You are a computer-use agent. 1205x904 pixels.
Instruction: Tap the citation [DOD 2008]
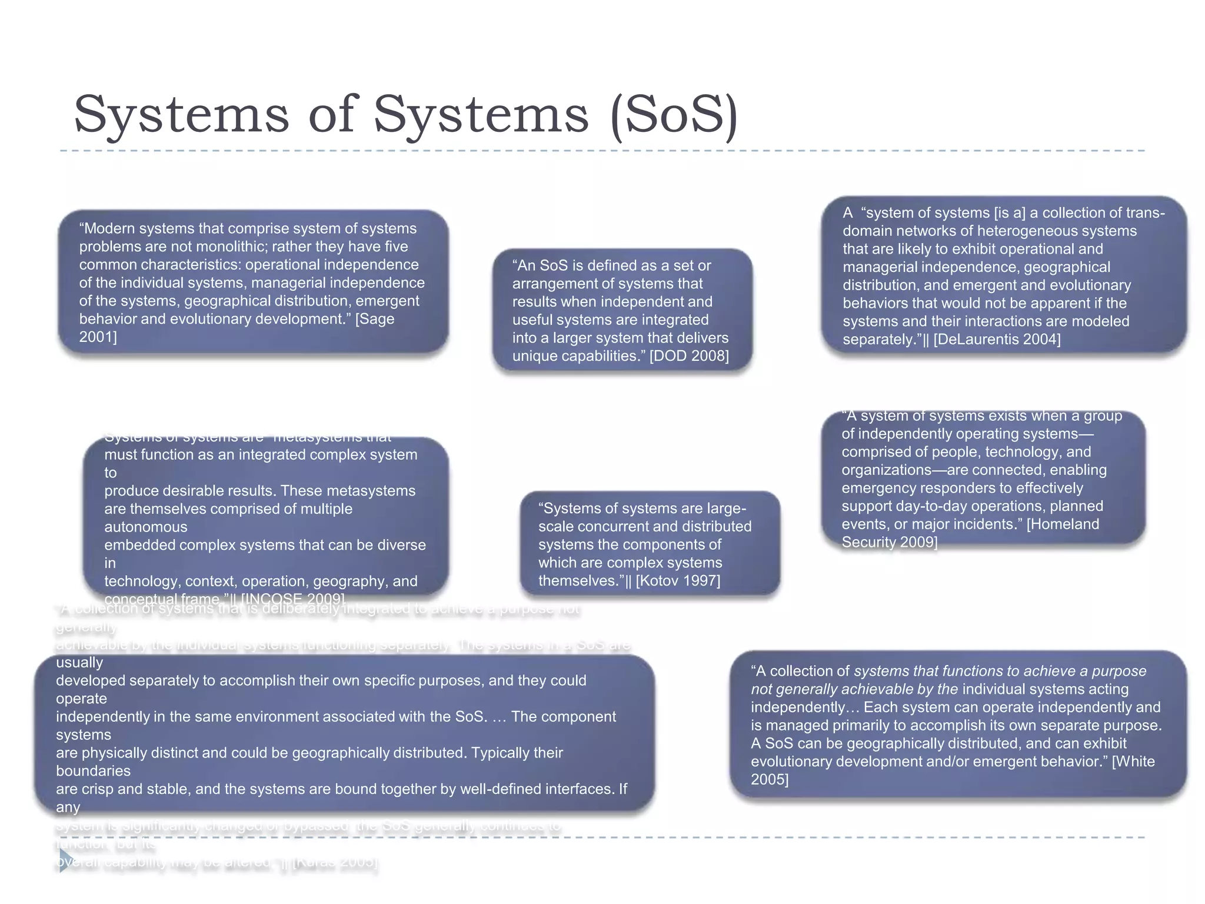point(689,356)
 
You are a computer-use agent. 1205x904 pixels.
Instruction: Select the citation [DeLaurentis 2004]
point(997,340)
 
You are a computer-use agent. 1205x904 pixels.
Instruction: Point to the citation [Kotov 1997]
point(678,581)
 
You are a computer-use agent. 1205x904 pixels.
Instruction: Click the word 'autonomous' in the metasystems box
point(146,527)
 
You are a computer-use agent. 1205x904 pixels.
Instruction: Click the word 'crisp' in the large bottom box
point(98,789)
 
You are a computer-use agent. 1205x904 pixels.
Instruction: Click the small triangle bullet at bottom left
point(65,860)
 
